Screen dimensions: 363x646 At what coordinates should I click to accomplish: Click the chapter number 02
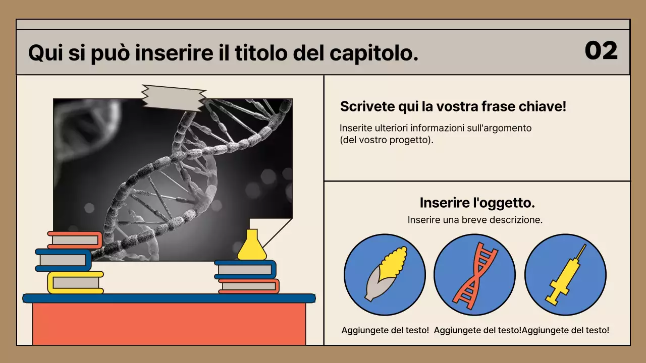(x=601, y=50)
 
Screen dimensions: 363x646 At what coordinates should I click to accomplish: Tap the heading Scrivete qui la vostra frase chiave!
(x=453, y=107)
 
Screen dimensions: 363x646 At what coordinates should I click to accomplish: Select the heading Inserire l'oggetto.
(x=477, y=203)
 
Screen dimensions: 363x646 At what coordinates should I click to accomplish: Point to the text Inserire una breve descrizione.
(x=475, y=220)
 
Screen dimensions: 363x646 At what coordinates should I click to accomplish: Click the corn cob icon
(x=385, y=274)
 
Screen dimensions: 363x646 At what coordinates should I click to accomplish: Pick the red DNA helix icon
(x=474, y=274)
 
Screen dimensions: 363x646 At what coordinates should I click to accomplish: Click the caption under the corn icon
(x=385, y=330)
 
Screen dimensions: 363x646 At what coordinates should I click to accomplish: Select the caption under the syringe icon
(x=566, y=330)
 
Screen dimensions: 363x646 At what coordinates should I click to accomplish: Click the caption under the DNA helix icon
(x=477, y=330)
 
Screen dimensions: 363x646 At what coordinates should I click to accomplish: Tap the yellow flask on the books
(x=251, y=246)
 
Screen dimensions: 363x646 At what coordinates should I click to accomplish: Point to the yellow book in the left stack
(x=75, y=282)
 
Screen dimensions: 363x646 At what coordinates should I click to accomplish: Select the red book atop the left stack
(x=75, y=240)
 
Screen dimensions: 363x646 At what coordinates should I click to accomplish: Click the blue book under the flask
(x=245, y=269)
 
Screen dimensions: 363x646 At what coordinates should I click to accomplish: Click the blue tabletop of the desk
(x=169, y=298)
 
